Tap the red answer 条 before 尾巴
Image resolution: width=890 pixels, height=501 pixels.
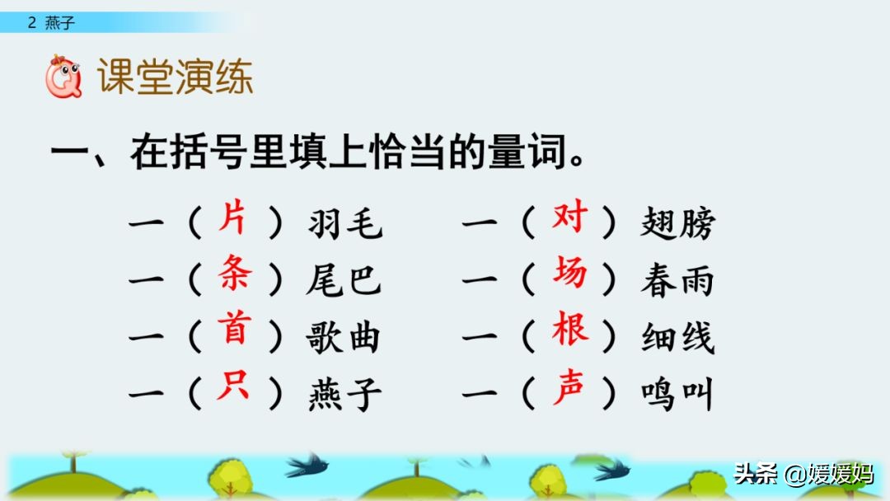(235, 274)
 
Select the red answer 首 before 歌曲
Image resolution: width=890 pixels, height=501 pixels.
(235, 330)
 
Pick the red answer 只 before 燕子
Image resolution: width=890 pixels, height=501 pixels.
(233, 386)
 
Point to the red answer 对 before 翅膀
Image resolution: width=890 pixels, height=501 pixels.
(569, 218)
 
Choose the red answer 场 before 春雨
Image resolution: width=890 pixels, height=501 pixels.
(569, 274)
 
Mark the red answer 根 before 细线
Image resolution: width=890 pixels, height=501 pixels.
(569, 330)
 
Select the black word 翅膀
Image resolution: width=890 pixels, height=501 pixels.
(677, 223)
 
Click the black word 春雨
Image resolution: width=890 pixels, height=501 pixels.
(677, 280)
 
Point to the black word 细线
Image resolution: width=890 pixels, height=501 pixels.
(677, 337)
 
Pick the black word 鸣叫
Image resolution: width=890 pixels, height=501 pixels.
(677, 395)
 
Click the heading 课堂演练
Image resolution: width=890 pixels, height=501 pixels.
(175, 77)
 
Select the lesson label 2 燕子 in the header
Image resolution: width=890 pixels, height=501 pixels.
(51, 23)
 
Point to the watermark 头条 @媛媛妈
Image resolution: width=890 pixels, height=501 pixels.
(803, 474)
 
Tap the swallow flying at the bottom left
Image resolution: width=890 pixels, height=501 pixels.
(306, 465)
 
